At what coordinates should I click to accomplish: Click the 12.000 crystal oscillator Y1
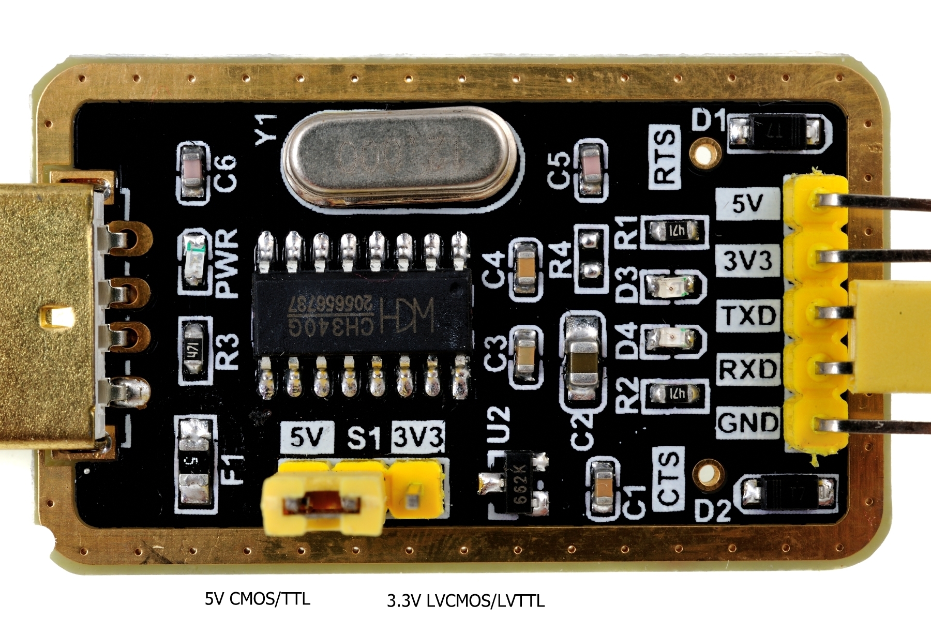click(x=399, y=156)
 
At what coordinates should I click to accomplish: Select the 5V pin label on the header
click(x=747, y=204)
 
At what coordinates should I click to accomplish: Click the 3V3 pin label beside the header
click(x=747, y=260)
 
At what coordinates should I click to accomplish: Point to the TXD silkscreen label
click(x=748, y=315)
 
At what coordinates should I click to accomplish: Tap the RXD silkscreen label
click(x=748, y=369)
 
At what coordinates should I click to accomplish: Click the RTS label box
click(x=665, y=157)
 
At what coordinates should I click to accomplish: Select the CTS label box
click(x=668, y=478)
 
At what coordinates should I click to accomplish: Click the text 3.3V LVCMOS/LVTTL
click(x=465, y=600)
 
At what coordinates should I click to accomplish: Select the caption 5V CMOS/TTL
click(x=258, y=599)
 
